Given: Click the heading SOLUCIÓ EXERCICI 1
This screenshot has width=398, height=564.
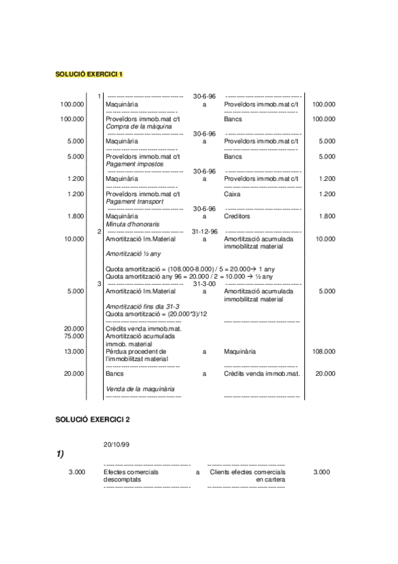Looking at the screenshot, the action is click(89, 74).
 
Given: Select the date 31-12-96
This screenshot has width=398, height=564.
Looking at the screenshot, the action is click(204, 231).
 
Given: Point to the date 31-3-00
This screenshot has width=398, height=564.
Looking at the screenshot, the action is click(204, 284).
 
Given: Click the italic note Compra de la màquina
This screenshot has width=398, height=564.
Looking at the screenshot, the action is click(139, 126).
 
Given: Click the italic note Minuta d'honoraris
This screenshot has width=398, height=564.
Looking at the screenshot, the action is click(135, 224).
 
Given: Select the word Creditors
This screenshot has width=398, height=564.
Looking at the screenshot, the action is click(237, 216).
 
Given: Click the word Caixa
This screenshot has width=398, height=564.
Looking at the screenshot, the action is click(233, 194).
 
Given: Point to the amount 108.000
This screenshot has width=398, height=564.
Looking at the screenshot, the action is click(324, 351).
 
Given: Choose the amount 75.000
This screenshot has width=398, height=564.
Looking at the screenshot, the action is click(74, 336).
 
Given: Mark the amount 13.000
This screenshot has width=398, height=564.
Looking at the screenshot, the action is click(74, 351).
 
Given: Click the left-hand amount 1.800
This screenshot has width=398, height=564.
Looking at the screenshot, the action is click(76, 216).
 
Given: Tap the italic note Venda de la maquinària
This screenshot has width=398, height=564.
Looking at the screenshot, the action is click(140, 388).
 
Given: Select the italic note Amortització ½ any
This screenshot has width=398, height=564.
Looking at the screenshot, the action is click(133, 253).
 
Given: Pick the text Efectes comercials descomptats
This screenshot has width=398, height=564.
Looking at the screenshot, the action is click(131, 475).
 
